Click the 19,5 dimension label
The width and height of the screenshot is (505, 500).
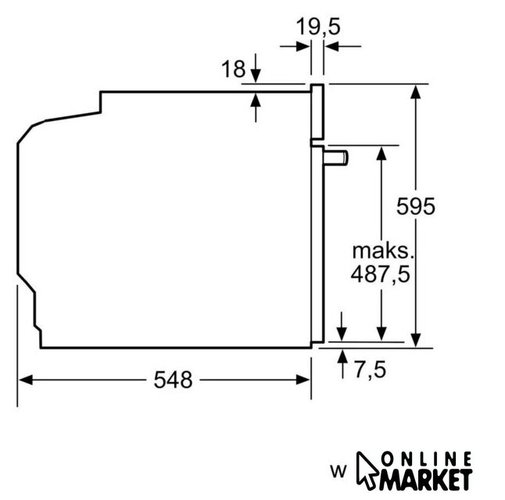(318, 27)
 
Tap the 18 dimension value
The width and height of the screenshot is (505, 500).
(234, 69)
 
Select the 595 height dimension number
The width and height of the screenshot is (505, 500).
(415, 206)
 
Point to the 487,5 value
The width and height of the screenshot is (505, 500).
(381, 274)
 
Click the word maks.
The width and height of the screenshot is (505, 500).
(382, 251)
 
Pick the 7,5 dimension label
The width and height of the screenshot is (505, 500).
(370, 370)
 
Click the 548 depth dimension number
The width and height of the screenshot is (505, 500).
(173, 380)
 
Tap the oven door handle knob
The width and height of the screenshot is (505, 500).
(336, 158)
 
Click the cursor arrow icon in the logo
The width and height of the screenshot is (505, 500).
(367, 471)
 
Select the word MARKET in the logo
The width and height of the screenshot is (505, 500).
(426, 480)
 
